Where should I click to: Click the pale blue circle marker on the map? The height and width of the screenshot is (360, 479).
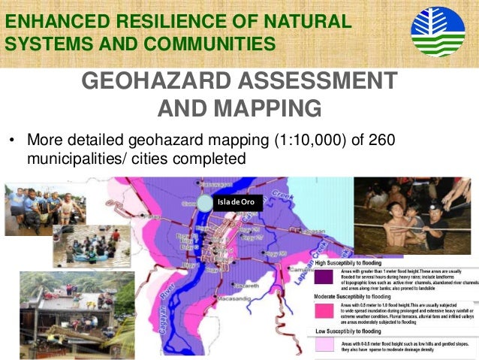click(x=206, y=203)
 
